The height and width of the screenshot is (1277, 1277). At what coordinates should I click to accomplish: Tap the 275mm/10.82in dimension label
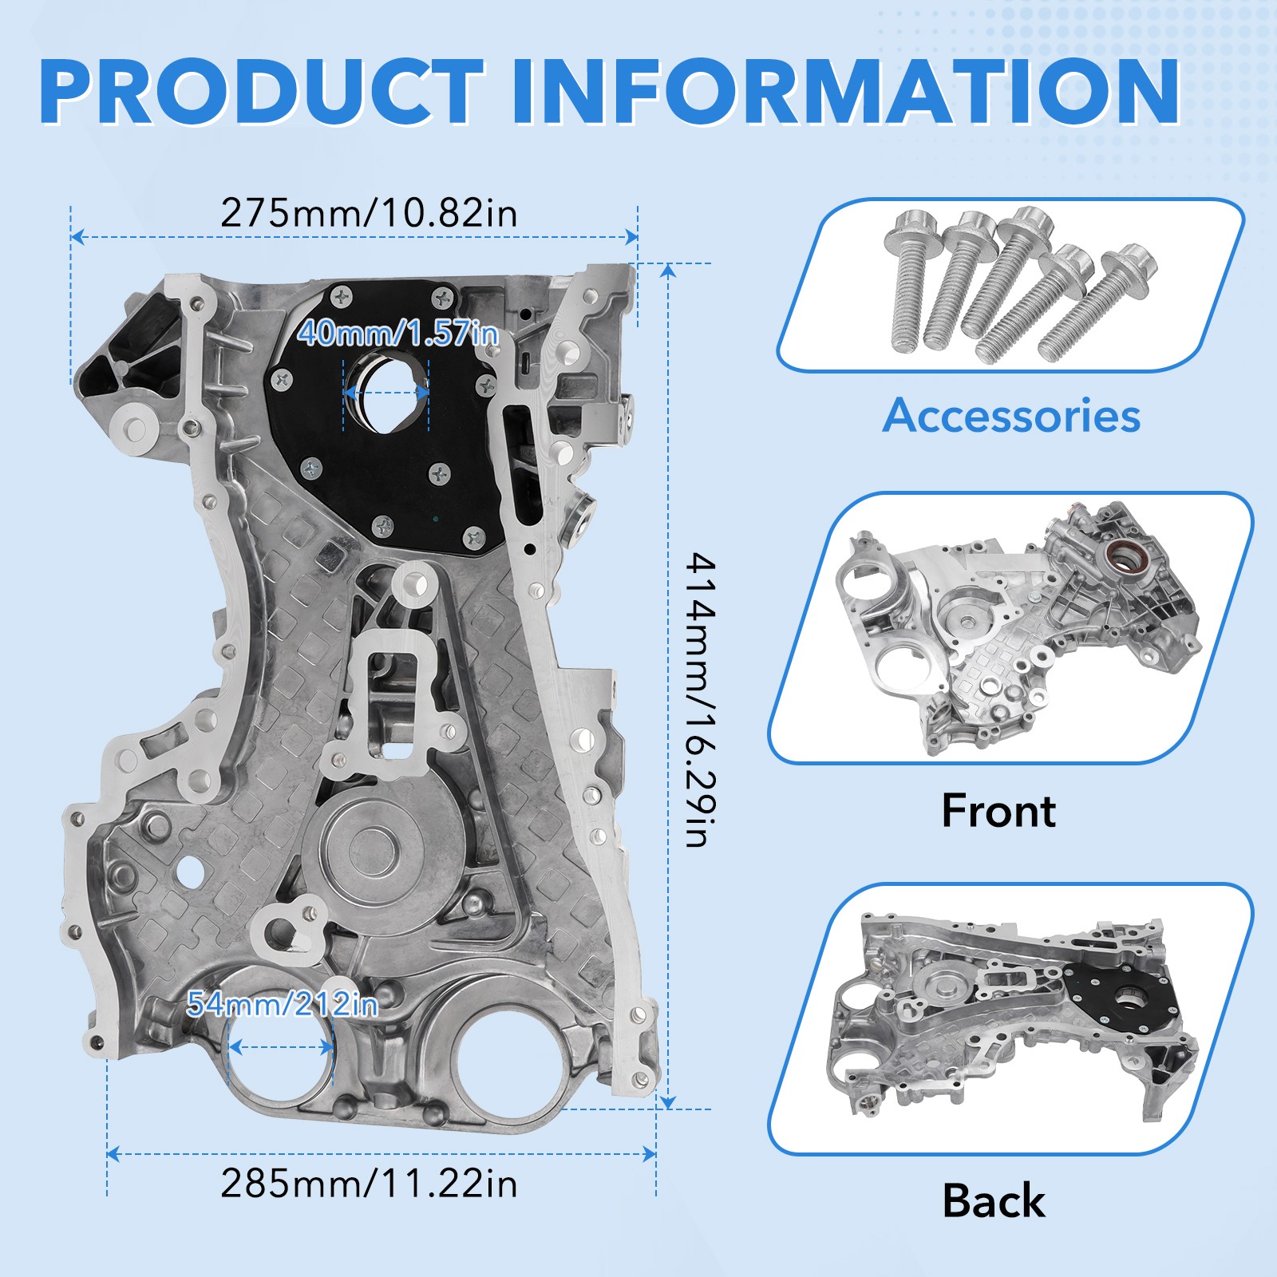(x=369, y=213)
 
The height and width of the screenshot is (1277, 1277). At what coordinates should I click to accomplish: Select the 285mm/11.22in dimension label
(x=369, y=1183)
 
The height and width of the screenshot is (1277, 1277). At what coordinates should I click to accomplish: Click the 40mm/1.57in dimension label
(x=397, y=333)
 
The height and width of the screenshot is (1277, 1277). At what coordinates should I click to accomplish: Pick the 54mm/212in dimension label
(x=281, y=1003)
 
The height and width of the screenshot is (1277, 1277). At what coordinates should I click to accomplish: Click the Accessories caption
(x=1011, y=416)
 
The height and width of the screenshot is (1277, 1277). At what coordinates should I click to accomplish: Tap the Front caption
(x=998, y=811)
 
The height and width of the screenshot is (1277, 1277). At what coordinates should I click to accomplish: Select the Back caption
(x=994, y=1200)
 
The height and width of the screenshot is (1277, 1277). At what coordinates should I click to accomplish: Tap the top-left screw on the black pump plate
(x=343, y=296)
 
